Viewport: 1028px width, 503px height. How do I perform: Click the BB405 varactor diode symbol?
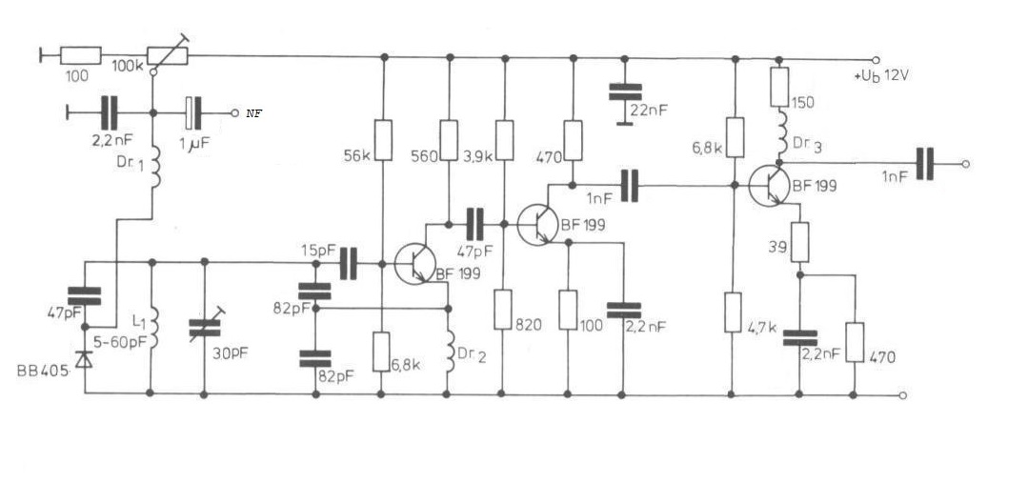pyautogui.click(x=85, y=359)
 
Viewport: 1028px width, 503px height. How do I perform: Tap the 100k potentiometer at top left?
pyautogui.click(x=168, y=55)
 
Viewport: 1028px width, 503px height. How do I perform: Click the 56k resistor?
pyautogui.click(x=384, y=140)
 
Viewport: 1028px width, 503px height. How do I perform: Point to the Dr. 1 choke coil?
pyautogui.click(x=154, y=169)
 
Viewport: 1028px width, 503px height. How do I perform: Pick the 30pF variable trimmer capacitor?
pyautogui.click(x=205, y=328)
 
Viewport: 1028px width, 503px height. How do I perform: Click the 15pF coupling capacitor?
pyautogui.click(x=349, y=264)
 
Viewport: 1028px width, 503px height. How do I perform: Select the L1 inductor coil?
pyautogui.click(x=153, y=328)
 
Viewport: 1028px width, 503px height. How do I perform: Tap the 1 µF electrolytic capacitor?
pyautogui.click(x=193, y=112)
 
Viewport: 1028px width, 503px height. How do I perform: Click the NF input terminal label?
pyautogui.click(x=253, y=113)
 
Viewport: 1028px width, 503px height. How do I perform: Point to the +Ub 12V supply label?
pyautogui.click(x=882, y=76)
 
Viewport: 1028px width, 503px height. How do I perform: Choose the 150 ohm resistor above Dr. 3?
pyautogui.click(x=779, y=87)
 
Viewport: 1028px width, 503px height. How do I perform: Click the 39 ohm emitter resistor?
pyautogui.click(x=800, y=242)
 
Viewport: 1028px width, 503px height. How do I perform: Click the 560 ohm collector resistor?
pyautogui.click(x=449, y=140)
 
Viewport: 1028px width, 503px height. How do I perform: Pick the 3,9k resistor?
pyautogui.click(x=504, y=140)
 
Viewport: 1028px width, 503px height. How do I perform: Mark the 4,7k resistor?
pyautogui.click(x=733, y=312)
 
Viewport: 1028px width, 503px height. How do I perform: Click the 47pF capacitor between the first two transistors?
pyautogui.click(x=474, y=224)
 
